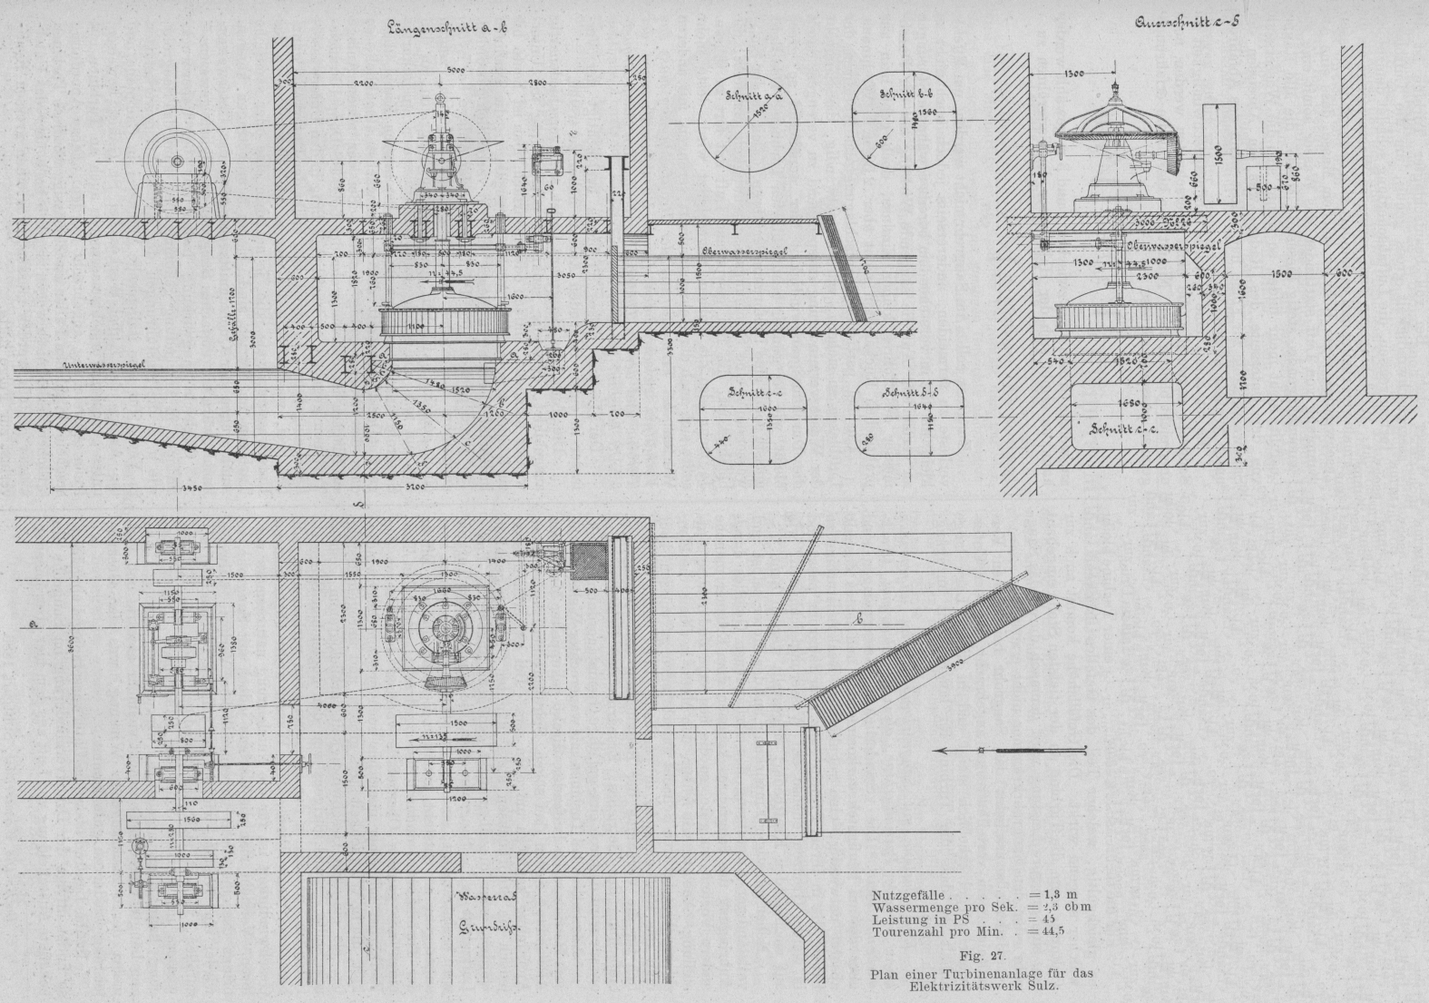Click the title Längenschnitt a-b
point(447,27)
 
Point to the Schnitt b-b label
point(901,93)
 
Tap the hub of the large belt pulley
point(175,162)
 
